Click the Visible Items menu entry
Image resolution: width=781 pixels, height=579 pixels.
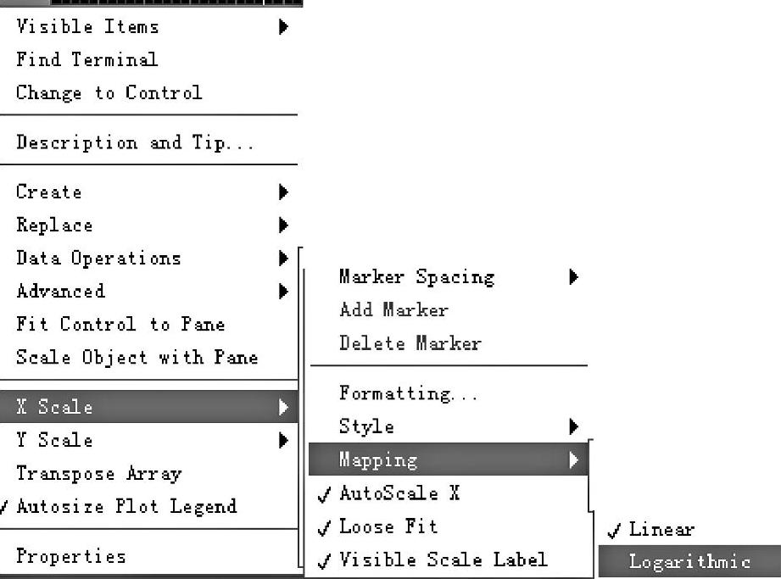[87, 27]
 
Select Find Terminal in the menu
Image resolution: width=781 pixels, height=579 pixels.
[86, 60]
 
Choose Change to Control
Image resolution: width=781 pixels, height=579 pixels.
[109, 93]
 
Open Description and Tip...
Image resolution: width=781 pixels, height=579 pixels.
[135, 143]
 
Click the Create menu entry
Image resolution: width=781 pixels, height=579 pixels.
[49, 192]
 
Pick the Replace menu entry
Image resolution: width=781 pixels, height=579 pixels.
[54, 225]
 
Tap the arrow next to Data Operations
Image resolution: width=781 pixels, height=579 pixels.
[283, 259]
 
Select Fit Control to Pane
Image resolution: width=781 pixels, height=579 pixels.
[120, 325]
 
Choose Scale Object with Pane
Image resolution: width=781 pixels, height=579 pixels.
[137, 358]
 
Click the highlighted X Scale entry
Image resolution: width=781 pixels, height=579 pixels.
[54, 408]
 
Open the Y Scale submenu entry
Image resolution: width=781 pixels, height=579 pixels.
[54, 441]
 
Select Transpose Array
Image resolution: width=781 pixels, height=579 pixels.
[98, 474]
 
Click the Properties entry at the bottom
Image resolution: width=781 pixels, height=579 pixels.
[71, 557]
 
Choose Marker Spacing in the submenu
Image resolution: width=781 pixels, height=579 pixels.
[416, 277]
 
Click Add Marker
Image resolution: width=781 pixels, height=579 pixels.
[393, 310]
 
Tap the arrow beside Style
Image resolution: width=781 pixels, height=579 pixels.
[574, 426]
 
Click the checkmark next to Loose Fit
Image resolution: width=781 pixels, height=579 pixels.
[324, 529]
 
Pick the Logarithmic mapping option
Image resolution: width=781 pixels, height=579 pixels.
[689, 562]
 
